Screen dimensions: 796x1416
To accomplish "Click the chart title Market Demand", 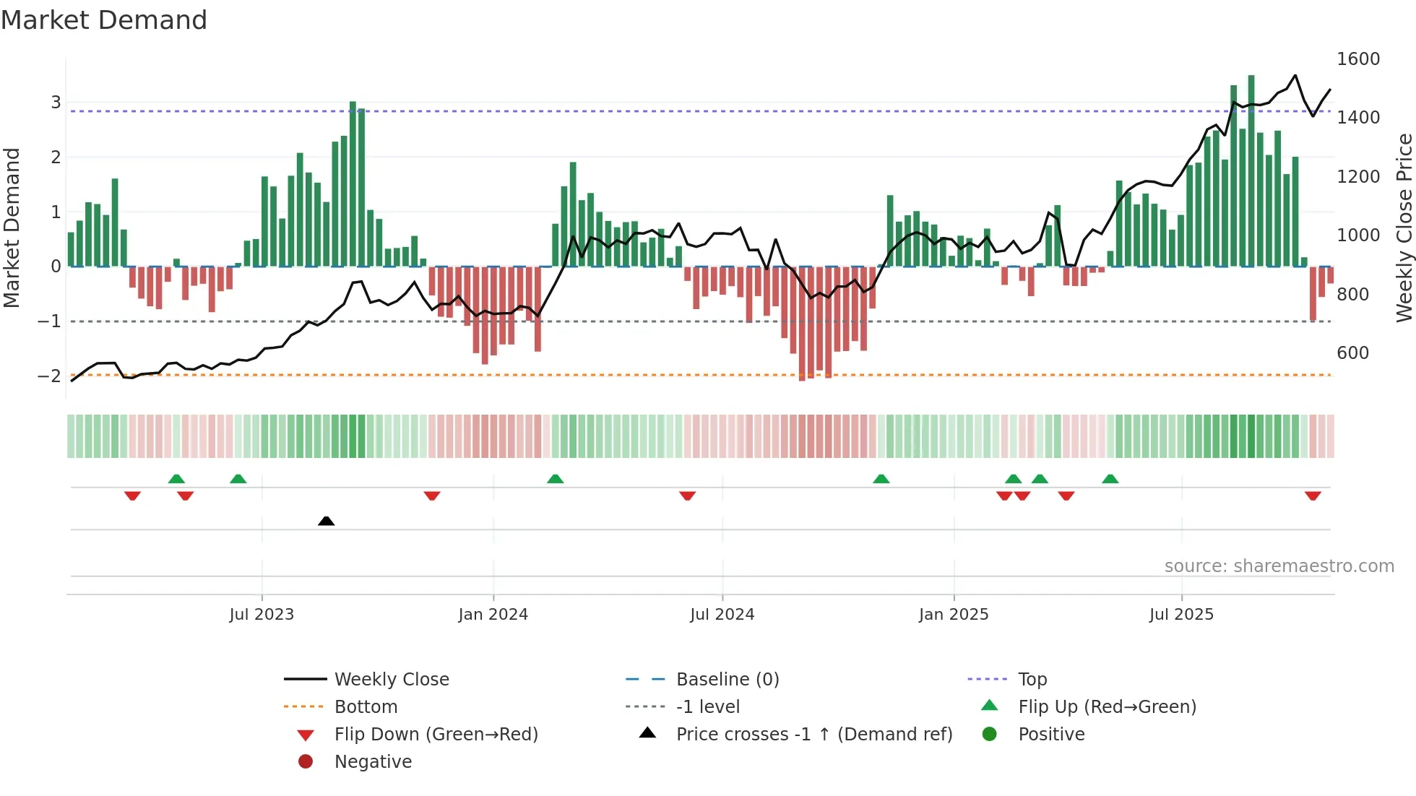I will point(104,20).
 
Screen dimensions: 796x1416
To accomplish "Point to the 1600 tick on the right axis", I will point(1357,59).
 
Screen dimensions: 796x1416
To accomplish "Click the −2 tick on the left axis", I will point(50,376).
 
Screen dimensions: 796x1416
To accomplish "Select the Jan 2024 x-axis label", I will point(493,615).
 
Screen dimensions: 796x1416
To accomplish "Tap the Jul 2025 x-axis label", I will point(1181,615).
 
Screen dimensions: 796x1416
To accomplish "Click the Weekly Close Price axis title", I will point(1404,228).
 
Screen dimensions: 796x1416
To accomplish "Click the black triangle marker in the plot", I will point(326,521).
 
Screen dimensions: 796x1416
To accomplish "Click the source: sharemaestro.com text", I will point(1279,566).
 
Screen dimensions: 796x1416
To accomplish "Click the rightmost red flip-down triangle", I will point(1313,496).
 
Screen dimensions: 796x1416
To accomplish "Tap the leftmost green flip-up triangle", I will point(176,479).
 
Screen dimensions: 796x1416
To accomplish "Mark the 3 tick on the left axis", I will point(56,103).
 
